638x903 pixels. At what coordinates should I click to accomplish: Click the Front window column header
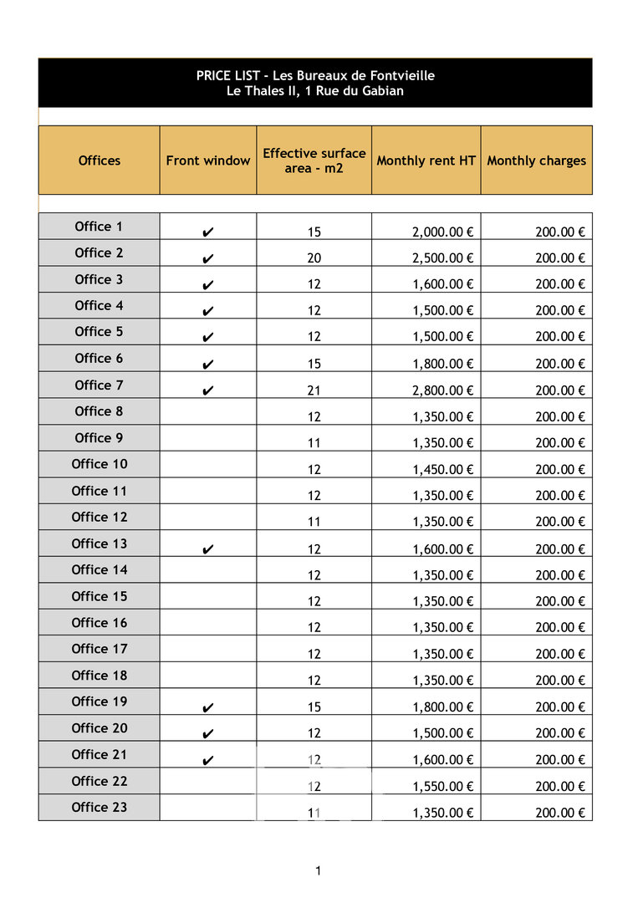pos(208,161)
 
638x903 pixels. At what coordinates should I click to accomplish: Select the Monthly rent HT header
pos(426,161)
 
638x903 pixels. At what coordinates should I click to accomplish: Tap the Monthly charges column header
pos(537,161)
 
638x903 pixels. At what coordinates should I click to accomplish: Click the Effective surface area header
pos(314,161)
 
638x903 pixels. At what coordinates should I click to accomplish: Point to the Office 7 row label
pos(99,385)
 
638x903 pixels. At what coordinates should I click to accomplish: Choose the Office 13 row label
pos(100,543)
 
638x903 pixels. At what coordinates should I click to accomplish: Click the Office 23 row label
pos(100,807)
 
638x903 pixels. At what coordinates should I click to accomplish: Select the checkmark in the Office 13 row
pos(208,549)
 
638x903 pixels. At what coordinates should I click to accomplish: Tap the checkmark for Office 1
pos(208,232)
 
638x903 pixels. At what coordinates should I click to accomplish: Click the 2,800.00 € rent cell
pos(443,390)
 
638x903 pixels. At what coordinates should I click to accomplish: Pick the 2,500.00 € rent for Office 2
pos(443,258)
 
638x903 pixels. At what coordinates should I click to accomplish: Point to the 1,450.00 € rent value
pos(443,470)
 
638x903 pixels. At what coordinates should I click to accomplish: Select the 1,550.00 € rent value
pos(443,787)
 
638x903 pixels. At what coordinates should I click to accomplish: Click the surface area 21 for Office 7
pos(314,390)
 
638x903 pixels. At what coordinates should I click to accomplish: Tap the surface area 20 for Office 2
pos(314,258)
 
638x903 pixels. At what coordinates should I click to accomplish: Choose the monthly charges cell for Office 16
pos(560,628)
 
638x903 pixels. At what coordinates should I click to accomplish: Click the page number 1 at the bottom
pos(319,871)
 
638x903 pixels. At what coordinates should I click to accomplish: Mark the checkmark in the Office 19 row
pos(208,708)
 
